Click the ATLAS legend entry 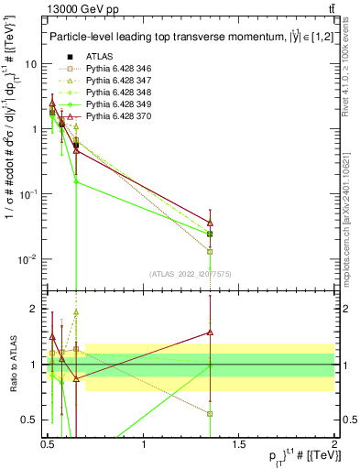(x=100, y=57)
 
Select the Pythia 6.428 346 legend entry (x=120, y=69)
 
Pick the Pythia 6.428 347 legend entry (x=120, y=81)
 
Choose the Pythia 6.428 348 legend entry (x=120, y=93)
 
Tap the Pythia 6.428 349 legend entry (x=120, y=104)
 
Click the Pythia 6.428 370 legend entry (x=120, y=116)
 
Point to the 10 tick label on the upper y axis (x=31, y=64)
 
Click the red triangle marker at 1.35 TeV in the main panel (x=210, y=223)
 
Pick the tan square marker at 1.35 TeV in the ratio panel (x=210, y=413)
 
